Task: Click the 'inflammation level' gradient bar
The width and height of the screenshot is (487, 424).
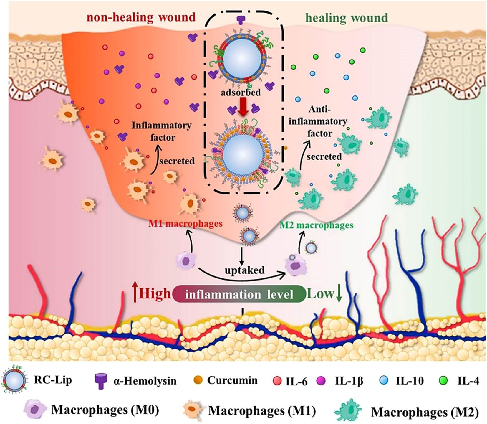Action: [x=239, y=294]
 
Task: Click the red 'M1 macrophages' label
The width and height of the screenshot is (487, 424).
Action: [x=193, y=224]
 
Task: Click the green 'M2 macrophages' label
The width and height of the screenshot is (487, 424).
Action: [x=316, y=225]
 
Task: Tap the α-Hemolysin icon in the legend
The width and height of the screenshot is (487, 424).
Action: [x=101, y=381]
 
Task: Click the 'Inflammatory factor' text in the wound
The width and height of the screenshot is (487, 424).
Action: [x=161, y=131]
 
